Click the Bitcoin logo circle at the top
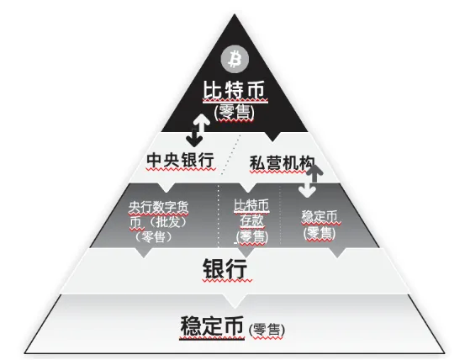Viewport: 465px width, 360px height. click(x=235, y=59)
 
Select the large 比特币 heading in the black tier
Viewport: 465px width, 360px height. click(x=235, y=90)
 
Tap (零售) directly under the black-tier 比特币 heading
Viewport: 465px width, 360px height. click(x=235, y=113)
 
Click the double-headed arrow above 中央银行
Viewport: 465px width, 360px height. click(x=198, y=130)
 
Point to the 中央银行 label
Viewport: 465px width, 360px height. click(x=180, y=160)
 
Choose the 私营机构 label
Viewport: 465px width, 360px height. click(x=282, y=163)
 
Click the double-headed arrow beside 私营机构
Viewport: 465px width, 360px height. click(x=310, y=180)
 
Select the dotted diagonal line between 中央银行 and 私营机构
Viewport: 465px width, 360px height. click(x=230, y=154)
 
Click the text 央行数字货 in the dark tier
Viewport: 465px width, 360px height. click(x=159, y=207)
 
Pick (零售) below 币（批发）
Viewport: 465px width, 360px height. click(x=153, y=237)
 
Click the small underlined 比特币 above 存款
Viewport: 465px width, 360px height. click(x=251, y=205)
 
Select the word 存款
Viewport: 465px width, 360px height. click(x=251, y=220)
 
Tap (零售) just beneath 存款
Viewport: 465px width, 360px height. click(x=252, y=237)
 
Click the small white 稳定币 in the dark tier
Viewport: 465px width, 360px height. click(x=320, y=216)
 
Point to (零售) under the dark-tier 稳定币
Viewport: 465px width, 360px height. click(x=320, y=233)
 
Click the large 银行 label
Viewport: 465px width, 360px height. click(x=225, y=268)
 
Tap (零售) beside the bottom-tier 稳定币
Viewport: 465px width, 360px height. click(x=267, y=330)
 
